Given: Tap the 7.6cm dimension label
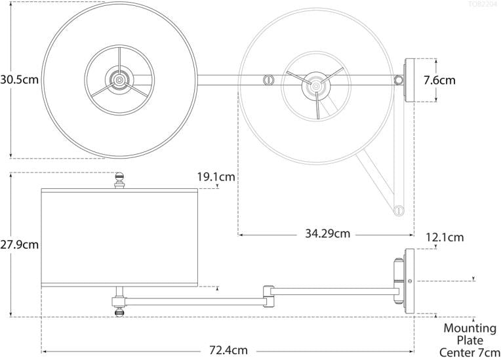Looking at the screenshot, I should point(439,81).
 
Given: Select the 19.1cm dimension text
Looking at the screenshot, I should point(216,176).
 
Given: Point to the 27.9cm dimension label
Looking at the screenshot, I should point(19,245).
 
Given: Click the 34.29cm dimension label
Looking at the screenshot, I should point(327,233).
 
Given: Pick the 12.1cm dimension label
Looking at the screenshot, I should point(445,237).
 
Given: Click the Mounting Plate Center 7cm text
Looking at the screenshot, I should point(470,340).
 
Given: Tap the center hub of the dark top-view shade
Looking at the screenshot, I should point(119,81).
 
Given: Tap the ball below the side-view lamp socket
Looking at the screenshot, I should point(119,312).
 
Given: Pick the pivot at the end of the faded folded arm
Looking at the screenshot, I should point(397,210).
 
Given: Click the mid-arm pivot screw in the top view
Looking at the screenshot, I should point(268,81).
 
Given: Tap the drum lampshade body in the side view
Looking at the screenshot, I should point(119,238).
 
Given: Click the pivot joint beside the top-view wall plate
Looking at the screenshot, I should point(398,81).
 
